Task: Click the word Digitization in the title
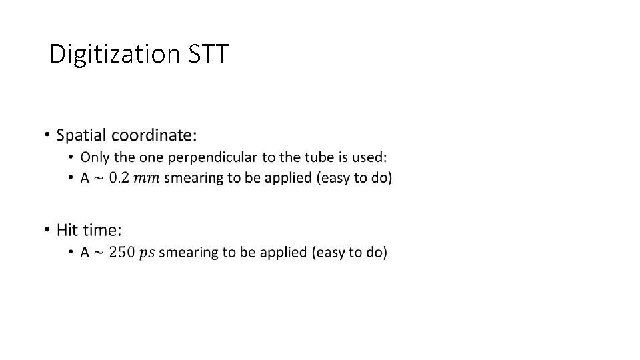(114, 54)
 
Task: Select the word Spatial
(81, 135)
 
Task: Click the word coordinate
(154, 135)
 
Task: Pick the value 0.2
(121, 178)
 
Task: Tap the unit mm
(147, 179)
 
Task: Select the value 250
(123, 252)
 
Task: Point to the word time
(102, 231)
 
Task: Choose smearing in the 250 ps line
(185, 253)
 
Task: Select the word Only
(92, 157)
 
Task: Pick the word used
(371, 157)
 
